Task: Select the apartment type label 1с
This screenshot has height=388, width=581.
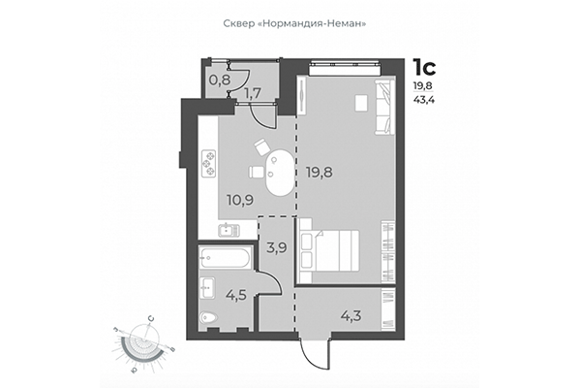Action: click(424, 67)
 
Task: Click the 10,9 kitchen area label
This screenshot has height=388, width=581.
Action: click(241, 201)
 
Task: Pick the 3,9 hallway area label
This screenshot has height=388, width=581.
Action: click(276, 247)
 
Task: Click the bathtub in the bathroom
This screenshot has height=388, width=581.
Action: click(226, 258)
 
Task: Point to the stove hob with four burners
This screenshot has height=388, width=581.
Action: click(208, 163)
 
